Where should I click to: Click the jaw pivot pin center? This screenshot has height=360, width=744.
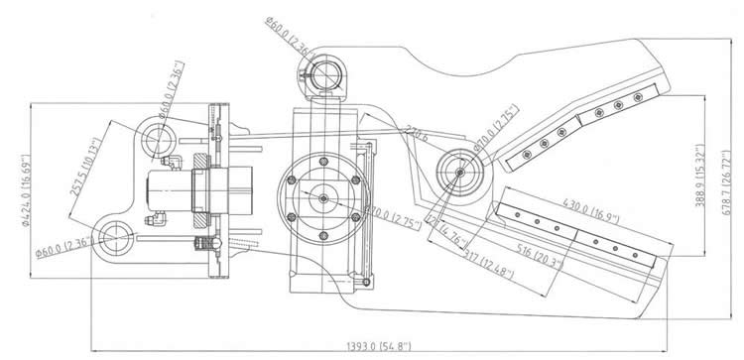(461, 171)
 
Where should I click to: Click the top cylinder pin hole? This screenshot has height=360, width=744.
(323, 70)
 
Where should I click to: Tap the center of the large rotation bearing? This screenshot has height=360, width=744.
(324, 197)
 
